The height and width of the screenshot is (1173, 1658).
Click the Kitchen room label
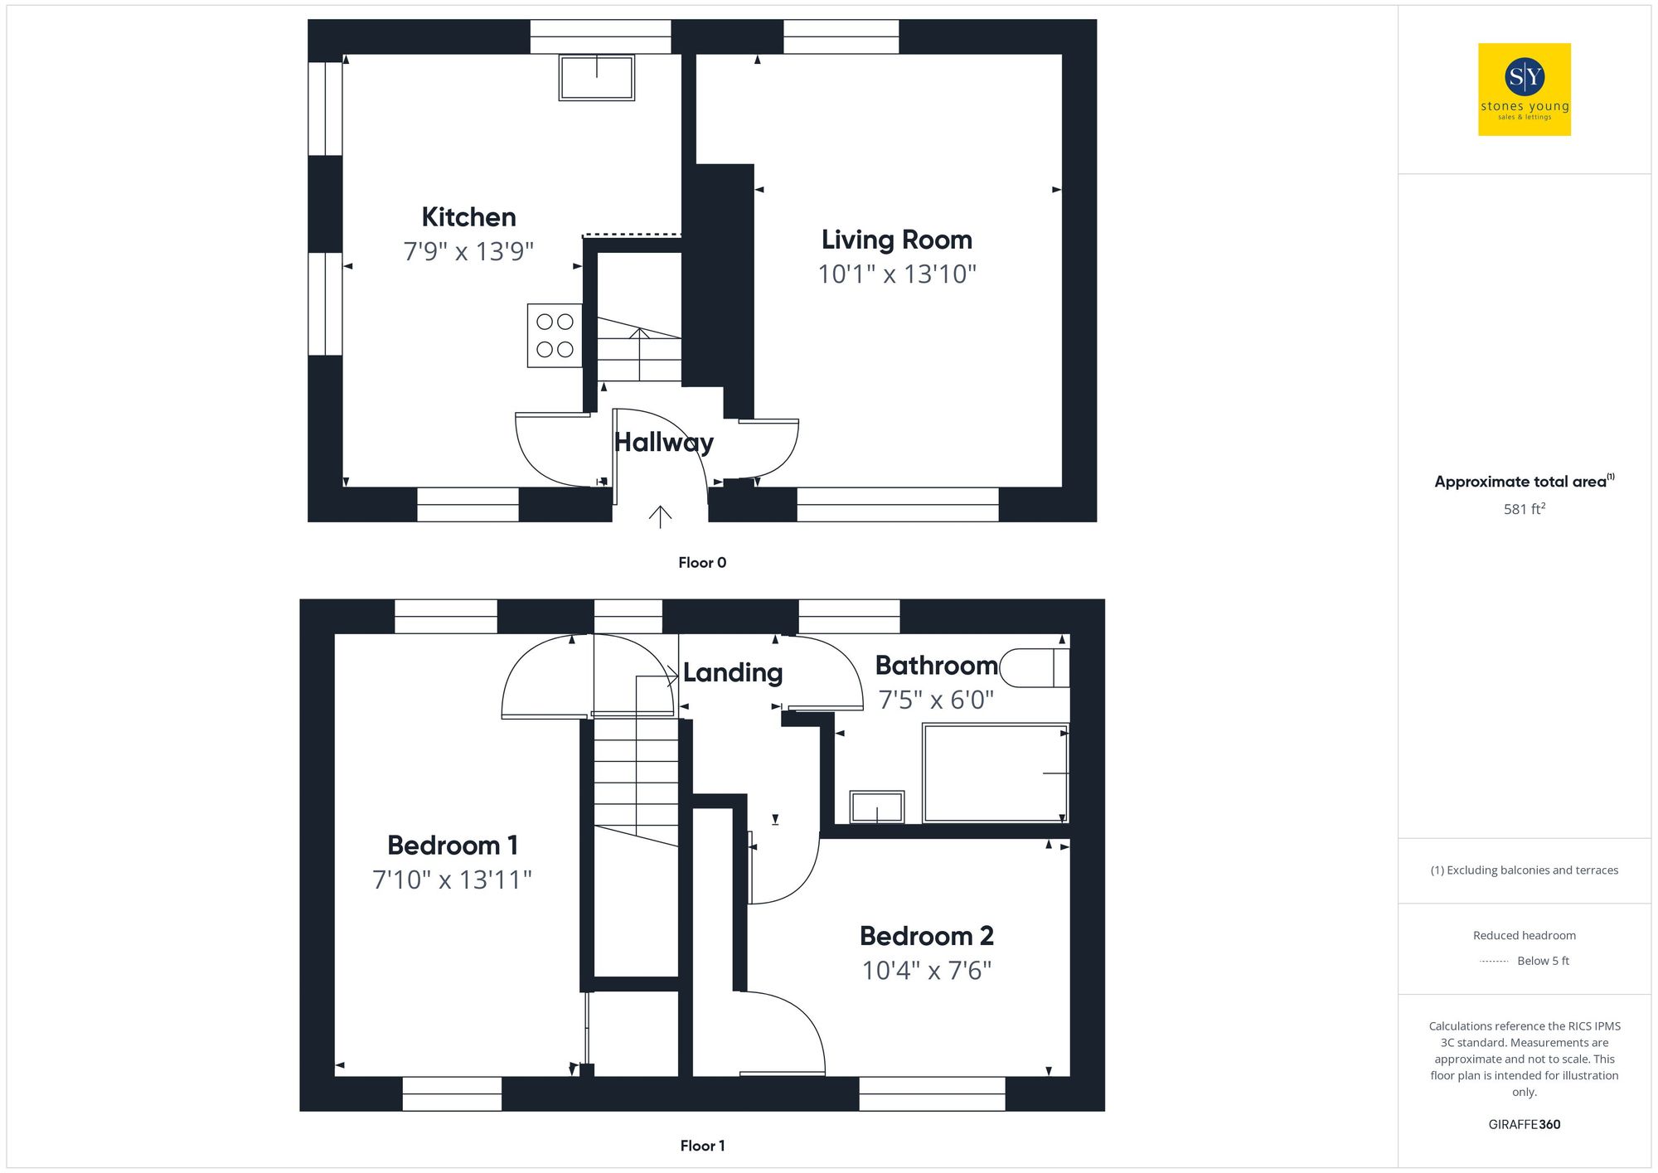[x=468, y=217]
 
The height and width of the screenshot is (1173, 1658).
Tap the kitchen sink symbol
[x=596, y=77]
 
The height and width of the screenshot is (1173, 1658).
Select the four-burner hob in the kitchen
[x=555, y=335]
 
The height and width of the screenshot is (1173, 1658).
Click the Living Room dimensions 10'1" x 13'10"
[x=897, y=274]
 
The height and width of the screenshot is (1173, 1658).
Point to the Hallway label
[x=663, y=443]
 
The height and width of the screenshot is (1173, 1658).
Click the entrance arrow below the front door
[x=660, y=516]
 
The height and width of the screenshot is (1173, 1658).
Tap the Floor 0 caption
[x=702, y=563]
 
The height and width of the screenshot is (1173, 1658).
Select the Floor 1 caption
[x=702, y=1146]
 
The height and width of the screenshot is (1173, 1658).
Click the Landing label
[x=733, y=672]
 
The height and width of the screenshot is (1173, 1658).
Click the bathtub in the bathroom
[x=995, y=773]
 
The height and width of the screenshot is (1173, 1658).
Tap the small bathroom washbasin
[x=876, y=807]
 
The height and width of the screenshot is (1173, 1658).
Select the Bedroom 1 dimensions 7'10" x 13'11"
[x=452, y=880]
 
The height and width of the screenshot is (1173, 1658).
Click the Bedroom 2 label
[x=926, y=936]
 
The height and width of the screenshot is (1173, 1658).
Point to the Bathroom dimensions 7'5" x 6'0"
[x=936, y=700]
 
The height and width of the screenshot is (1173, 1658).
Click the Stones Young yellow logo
[x=1524, y=90]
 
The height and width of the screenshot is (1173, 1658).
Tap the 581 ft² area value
[x=1524, y=509]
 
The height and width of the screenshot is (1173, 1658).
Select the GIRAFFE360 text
[x=1524, y=1125]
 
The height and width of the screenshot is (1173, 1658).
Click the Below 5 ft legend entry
[x=1542, y=961]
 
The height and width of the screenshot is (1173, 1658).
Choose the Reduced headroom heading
[x=1524, y=935]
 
